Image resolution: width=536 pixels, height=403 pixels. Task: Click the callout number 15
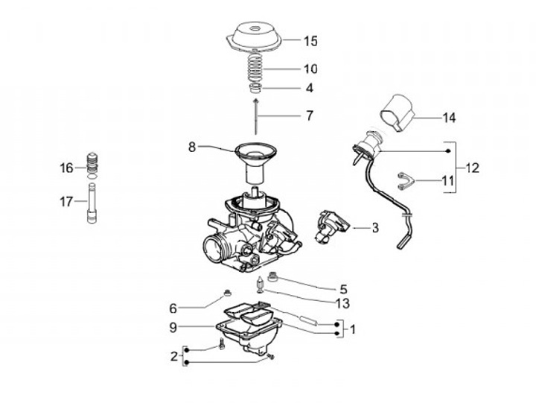310,41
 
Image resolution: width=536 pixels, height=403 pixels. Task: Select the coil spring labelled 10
255,67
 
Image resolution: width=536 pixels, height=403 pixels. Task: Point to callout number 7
310,115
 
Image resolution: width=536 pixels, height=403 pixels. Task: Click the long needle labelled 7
255,116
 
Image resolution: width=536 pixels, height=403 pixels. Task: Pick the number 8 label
192,147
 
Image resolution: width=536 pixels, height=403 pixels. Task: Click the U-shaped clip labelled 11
406,180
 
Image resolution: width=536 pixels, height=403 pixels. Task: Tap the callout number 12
472,168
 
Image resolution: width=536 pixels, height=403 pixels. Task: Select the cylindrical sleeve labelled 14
398,112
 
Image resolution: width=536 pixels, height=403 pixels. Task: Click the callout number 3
375,227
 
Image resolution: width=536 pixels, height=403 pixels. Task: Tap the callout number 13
343,303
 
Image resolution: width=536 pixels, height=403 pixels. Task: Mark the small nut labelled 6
227,293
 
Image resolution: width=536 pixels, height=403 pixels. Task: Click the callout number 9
173,328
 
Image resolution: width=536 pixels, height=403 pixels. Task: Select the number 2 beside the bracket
174,357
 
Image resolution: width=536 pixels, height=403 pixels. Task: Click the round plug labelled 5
273,276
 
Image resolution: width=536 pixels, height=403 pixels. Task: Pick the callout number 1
353,330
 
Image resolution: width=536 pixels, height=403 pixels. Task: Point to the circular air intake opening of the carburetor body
214,250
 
